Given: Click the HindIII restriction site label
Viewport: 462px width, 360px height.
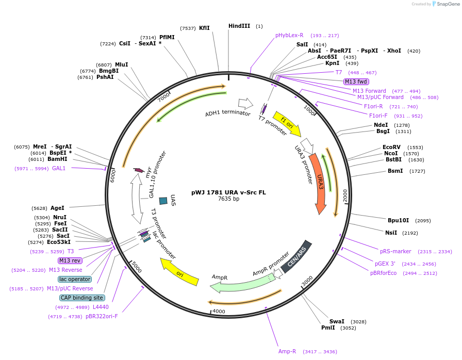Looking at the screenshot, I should pyautogui.click(x=239, y=26).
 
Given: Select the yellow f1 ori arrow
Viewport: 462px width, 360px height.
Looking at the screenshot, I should pyautogui.click(x=287, y=124).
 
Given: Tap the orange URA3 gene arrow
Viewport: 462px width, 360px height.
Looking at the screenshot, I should pyautogui.click(x=319, y=183).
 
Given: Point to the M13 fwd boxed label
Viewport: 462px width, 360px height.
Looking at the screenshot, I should pyautogui.click(x=356, y=81).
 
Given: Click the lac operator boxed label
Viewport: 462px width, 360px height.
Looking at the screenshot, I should pyautogui.click(x=75, y=279).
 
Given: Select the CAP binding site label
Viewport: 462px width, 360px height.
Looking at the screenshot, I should pyautogui.click(x=82, y=298).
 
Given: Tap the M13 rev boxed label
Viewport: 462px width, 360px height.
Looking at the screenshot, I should pyautogui.click(x=70, y=260).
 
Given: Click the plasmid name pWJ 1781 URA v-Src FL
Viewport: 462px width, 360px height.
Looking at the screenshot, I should pyautogui.click(x=228, y=192).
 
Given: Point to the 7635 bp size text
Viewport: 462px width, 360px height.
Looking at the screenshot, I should pyautogui.click(x=228, y=199).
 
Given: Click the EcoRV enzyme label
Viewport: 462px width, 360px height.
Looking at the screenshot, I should pyautogui.click(x=391, y=147).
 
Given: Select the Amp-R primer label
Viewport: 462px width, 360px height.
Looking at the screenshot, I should pyautogui.click(x=287, y=351).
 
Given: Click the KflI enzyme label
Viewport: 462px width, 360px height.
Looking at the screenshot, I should pyautogui.click(x=204, y=28).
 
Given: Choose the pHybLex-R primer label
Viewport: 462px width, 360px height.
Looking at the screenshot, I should pyautogui.click(x=289, y=35).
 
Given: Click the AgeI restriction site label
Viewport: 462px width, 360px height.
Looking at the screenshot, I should pyautogui.click(x=57, y=208).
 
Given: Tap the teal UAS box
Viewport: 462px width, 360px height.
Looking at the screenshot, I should pyautogui.click(x=163, y=200).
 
